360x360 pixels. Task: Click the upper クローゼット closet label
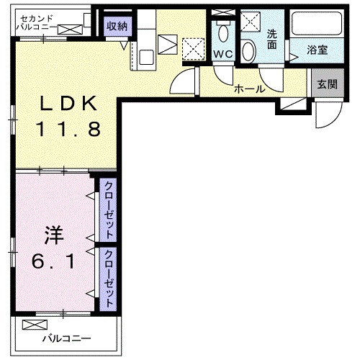click(108, 214)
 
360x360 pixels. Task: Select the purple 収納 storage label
click(117, 26)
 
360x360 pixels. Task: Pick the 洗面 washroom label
click(271, 39)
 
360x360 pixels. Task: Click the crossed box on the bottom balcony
click(32, 324)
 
